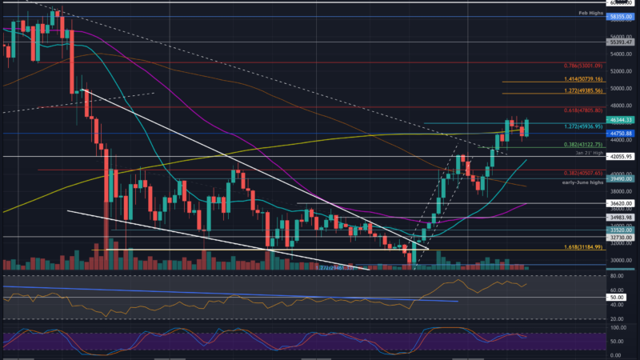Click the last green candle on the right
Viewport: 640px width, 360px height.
pyautogui.click(x=527, y=126)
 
